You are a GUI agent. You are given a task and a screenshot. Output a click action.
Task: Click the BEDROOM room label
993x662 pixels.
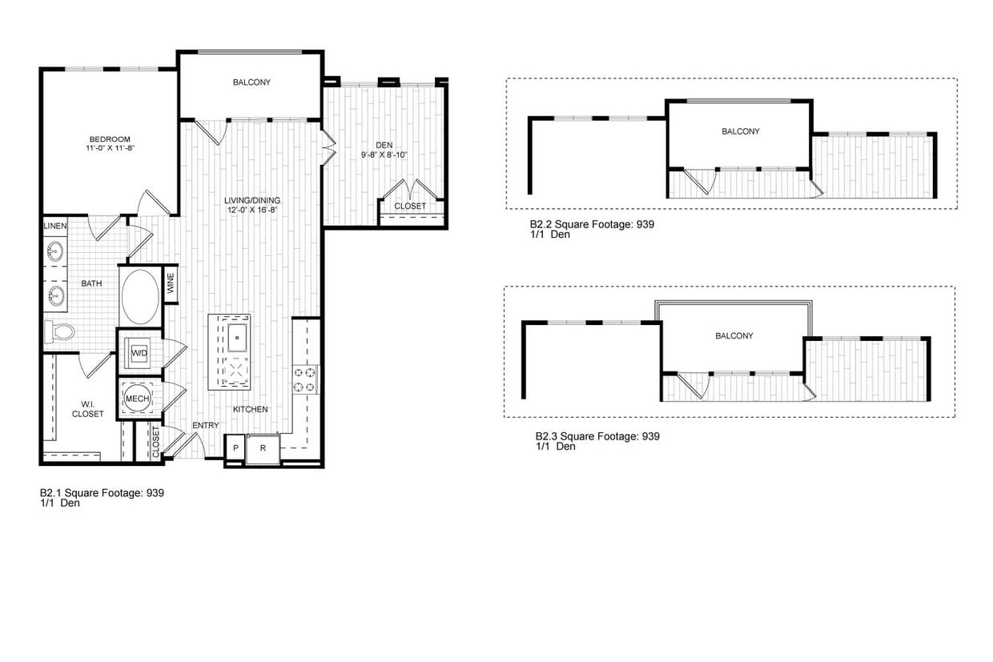click(x=109, y=139)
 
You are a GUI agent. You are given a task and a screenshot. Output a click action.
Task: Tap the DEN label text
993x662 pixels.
click(x=384, y=145)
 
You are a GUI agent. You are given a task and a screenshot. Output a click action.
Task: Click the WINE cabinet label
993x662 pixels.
click(x=170, y=284)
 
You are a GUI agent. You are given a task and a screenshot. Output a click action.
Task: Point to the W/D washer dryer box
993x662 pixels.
click(x=139, y=352)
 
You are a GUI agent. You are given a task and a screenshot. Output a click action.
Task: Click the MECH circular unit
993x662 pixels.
click(x=134, y=398)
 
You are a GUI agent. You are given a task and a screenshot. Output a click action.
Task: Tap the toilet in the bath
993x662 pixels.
click(x=59, y=331)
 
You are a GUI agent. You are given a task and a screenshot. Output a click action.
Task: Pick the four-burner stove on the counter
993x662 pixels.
click(x=305, y=379)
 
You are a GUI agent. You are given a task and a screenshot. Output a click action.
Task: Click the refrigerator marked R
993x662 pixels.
click(x=262, y=448)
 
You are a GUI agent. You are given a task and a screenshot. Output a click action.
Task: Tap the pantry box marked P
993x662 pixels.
click(x=235, y=448)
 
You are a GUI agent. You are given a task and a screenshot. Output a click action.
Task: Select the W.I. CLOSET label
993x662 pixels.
click(x=87, y=409)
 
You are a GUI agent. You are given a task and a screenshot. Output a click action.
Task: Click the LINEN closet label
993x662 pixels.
click(x=55, y=227)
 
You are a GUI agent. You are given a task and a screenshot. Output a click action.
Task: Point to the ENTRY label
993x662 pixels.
click(x=205, y=425)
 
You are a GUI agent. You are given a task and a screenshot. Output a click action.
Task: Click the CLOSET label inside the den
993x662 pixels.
click(x=410, y=206)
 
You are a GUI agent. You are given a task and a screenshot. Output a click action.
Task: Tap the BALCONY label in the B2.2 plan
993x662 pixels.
click(x=740, y=131)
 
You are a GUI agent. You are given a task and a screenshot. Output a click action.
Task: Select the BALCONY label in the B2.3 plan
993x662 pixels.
click(x=734, y=336)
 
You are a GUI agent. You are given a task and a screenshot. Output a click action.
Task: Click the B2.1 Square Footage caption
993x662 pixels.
click(x=102, y=493)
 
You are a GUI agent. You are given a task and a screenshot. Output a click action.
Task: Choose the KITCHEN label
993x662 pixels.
click(x=251, y=409)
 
